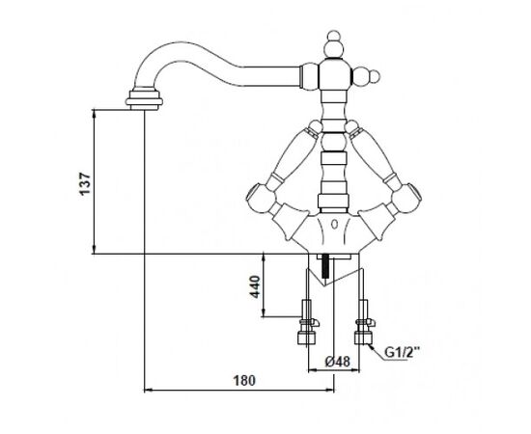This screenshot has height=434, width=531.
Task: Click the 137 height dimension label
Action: [85, 183]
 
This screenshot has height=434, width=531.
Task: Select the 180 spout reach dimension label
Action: [244, 381]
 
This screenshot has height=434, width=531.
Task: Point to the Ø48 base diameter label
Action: [338, 362]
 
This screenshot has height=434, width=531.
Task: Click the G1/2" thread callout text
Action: [402, 353]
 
